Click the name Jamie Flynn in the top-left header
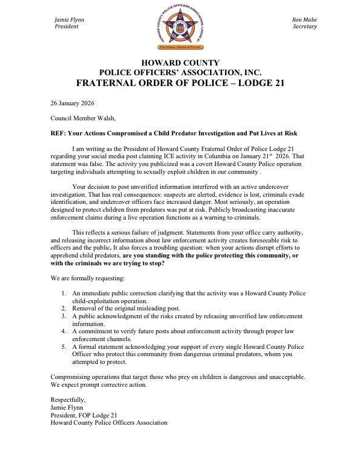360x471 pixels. pyautogui.click(x=69, y=20)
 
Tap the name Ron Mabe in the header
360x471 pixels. pyautogui.click(x=304, y=20)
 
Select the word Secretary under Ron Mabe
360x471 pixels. pyautogui.click(x=304, y=27)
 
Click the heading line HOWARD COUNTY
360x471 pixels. pyautogui.click(x=180, y=63)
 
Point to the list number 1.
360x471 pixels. pyautogui.click(x=64, y=292)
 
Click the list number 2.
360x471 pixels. pyautogui.click(x=64, y=307)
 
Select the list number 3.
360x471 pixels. pyautogui.click(x=64, y=316)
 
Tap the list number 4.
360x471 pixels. pyautogui.click(x=64, y=330)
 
